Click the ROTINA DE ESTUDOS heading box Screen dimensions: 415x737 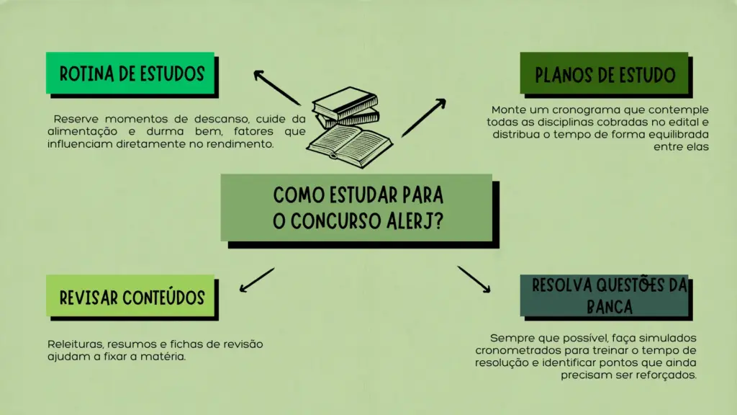click(130, 73)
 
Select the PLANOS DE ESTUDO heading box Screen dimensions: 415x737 click(605, 74)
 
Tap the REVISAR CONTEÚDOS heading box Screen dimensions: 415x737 click(131, 296)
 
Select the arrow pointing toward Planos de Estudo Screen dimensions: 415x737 click(424, 117)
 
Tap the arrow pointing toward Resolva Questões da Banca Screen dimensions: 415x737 click(474, 279)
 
